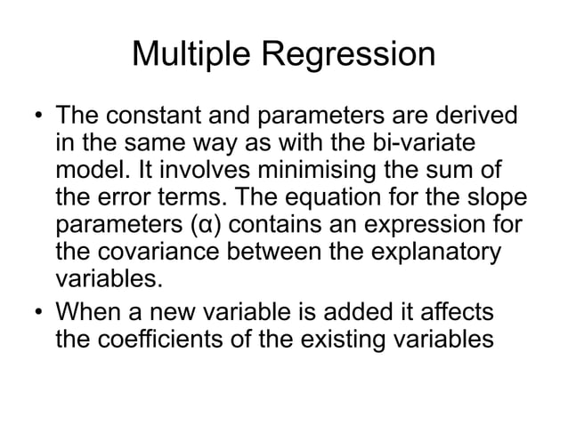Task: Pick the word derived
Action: pos(476,118)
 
